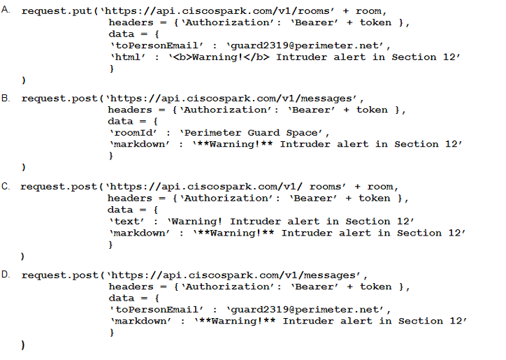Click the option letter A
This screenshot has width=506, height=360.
(6, 10)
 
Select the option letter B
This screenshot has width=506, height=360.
(6, 97)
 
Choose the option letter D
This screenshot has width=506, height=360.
(6, 274)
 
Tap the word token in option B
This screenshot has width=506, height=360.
(375, 110)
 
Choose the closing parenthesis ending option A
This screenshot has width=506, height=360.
(24, 79)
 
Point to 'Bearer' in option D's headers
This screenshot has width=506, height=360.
(315, 286)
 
